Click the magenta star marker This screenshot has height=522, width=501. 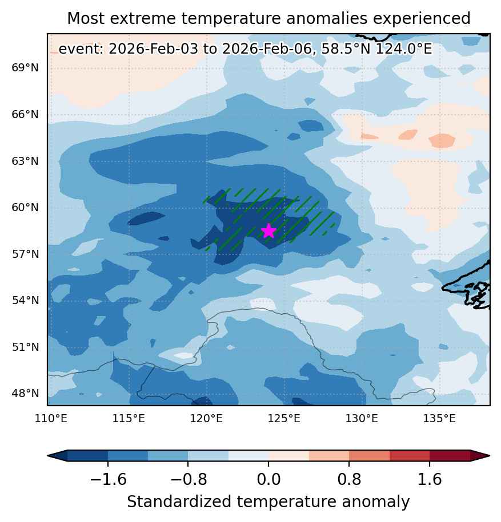(x=268, y=231)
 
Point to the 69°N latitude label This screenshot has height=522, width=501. (x=25, y=68)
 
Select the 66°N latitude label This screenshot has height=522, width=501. (x=25, y=115)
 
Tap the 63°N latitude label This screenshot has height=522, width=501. (x=25, y=161)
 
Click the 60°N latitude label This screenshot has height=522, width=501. (x=25, y=208)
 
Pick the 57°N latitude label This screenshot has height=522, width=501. (x=25, y=254)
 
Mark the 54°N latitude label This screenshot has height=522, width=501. (x=25, y=300)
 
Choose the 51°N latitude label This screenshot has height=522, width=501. (x=25, y=347)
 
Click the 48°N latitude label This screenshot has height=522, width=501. (x=25, y=393)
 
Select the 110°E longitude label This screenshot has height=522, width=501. (x=51, y=418)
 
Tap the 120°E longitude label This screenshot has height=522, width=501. (x=206, y=418)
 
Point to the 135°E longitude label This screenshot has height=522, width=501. (x=439, y=418)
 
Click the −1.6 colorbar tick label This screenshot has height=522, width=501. (x=108, y=479)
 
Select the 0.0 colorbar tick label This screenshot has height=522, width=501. (x=268, y=479)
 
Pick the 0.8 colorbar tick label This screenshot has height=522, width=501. (x=349, y=479)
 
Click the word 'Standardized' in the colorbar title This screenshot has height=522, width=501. (x=179, y=501)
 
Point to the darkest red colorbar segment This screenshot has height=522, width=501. (x=450, y=455)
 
